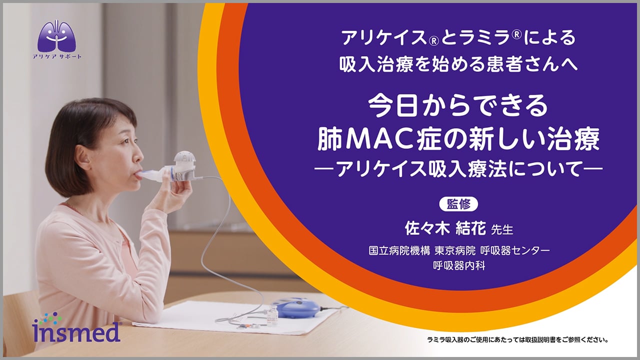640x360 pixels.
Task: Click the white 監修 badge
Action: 458,204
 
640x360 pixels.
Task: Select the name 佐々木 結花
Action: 445,228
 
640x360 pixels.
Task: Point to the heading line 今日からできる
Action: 458,106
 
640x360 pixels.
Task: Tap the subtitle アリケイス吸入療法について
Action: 458,168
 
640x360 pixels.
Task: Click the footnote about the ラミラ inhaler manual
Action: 517,340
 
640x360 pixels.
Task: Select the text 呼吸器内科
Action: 459,265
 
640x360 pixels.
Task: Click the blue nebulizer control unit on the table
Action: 295,307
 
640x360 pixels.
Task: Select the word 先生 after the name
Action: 502,229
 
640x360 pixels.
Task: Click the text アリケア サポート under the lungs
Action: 57,56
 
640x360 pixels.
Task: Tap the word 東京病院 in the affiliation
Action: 455,250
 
